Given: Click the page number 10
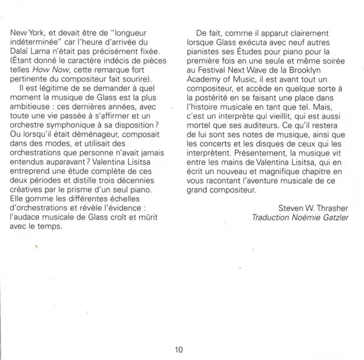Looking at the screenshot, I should pyautogui.click(x=178, y=349).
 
